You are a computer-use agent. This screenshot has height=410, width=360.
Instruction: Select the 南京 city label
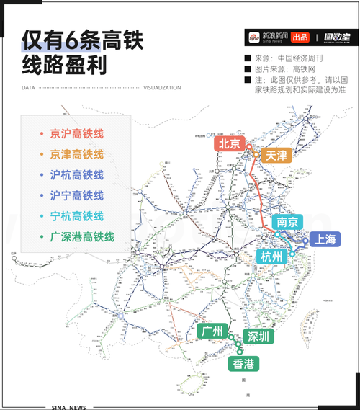[288, 221]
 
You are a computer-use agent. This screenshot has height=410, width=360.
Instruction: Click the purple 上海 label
[320, 240]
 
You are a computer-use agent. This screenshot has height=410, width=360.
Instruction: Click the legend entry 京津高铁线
[76, 155]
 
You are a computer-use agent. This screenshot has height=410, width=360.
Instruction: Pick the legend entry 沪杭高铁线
[76, 175]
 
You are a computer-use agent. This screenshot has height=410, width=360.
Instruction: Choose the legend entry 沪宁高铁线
[76, 195]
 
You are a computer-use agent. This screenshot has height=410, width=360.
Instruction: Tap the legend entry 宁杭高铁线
[76, 215]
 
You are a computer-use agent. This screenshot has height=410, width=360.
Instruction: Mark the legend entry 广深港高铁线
[82, 236]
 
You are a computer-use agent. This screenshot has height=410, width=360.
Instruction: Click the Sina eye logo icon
[253, 37]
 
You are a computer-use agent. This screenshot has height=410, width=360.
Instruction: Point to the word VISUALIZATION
[162, 88]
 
